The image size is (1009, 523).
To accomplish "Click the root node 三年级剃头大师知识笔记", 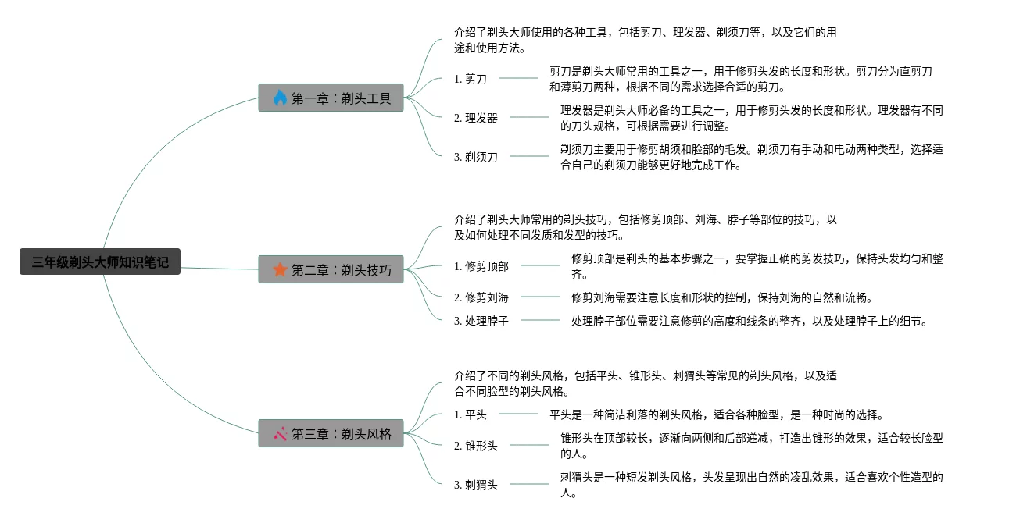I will click(x=100, y=262).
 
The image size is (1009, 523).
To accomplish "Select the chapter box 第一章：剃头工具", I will click(x=331, y=98).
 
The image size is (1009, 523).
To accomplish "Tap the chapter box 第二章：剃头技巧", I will click(x=331, y=269).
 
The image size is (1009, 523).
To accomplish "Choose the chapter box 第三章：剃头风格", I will click(x=331, y=433).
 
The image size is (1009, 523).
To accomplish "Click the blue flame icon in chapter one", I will click(x=280, y=98).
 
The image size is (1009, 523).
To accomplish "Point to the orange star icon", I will click(x=280, y=269).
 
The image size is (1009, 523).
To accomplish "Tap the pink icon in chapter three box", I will click(x=280, y=433).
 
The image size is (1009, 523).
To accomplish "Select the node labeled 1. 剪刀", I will click(x=471, y=78).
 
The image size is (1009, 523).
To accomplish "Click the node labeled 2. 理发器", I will click(x=476, y=118).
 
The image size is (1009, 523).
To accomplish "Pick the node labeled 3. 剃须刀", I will click(x=476, y=157).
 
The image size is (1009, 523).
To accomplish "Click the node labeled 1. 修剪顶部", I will click(x=481, y=266).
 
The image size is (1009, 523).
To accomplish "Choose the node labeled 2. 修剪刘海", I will click(x=481, y=297).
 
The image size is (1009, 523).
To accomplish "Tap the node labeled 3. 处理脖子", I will click(x=481, y=321).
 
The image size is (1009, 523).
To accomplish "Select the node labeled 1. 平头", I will click(x=471, y=414).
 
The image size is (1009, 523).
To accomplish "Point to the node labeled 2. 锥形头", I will click(x=476, y=446).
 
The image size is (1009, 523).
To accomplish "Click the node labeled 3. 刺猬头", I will click(x=476, y=485).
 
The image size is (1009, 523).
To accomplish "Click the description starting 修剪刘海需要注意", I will click(x=721, y=297).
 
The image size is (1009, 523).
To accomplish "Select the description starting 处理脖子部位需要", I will click(x=749, y=321).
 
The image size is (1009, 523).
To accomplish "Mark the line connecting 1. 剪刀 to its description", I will click(x=518, y=78).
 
